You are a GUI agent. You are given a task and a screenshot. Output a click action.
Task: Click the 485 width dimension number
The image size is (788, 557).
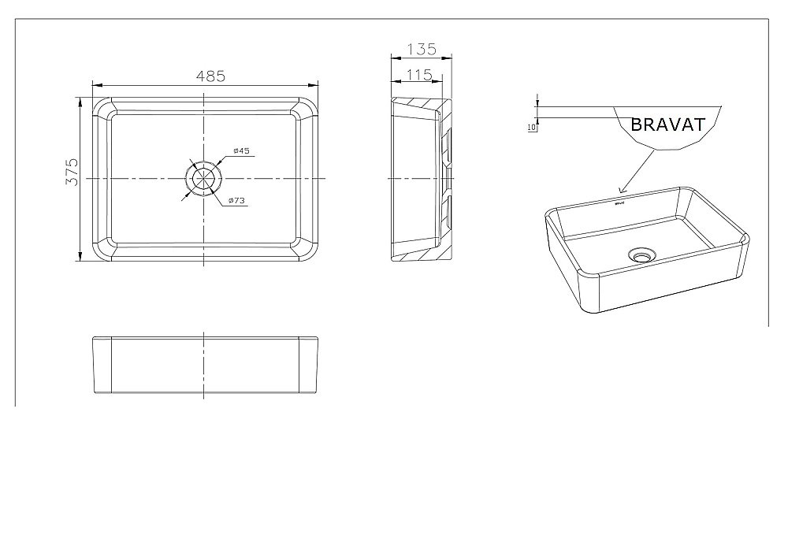coord(211,76)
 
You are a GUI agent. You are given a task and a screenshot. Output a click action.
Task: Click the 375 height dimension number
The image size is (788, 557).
coord(72,171)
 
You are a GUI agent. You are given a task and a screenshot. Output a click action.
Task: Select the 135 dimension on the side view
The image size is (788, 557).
coord(421,49)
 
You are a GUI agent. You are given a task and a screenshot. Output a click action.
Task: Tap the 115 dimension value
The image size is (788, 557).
coord(417,74)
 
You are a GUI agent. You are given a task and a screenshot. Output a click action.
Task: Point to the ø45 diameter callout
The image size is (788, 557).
coord(241,150)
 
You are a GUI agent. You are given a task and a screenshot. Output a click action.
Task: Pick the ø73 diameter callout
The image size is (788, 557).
coord(237,201)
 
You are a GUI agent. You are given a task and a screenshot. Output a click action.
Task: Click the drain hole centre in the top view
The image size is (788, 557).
coord(205,179)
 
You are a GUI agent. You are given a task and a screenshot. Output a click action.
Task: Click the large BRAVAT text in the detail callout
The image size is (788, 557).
coord(667,124)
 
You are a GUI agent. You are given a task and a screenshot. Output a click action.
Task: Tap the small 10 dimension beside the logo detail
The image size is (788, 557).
coord(531,126)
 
